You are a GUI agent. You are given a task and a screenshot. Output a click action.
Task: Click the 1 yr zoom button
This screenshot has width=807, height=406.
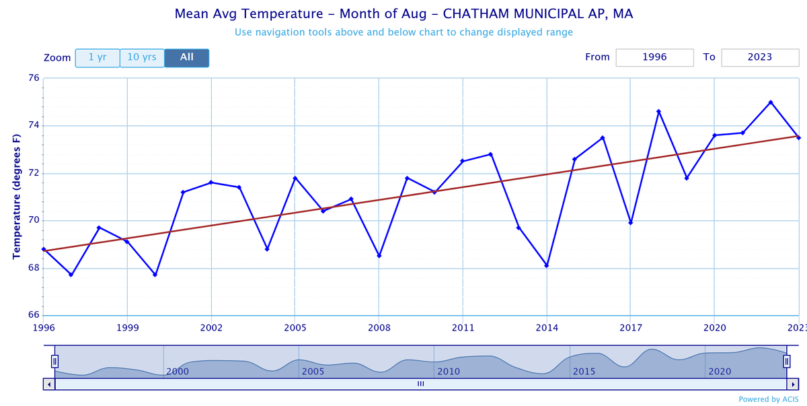pyautogui.click(x=98, y=58)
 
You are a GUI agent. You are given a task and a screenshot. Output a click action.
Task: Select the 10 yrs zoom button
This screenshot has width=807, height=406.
pyautogui.click(x=142, y=58)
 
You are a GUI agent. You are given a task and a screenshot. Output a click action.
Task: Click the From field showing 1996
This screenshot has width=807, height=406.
pyautogui.click(x=654, y=58)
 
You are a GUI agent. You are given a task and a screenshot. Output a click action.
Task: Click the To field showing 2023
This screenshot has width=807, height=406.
pyautogui.click(x=759, y=58)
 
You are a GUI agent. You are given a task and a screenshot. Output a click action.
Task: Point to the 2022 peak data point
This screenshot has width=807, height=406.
pyautogui.click(x=771, y=102)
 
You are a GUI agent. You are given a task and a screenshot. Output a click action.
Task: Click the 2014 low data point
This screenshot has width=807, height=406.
pyautogui.click(x=547, y=265)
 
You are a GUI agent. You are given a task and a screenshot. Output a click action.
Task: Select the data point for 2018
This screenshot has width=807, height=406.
pyautogui.click(x=658, y=111)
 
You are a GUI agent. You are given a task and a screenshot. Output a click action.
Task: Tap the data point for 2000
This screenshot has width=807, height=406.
pyautogui.click(x=155, y=275)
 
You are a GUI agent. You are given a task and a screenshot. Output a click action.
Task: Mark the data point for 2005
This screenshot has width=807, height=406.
pyautogui.click(x=295, y=178)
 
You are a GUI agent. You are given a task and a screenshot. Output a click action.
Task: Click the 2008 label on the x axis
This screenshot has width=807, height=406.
pyautogui.click(x=379, y=328)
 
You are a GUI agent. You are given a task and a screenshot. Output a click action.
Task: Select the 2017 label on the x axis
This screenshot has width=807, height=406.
pyautogui.click(x=630, y=328)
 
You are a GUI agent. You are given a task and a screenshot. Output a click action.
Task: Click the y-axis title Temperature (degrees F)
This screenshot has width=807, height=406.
pyautogui.click(x=17, y=196)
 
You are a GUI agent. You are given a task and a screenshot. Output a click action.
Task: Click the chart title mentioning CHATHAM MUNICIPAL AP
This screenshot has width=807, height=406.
pyautogui.click(x=403, y=13)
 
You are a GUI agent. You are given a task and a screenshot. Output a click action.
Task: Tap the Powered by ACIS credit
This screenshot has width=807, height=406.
pyautogui.click(x=769, y=399)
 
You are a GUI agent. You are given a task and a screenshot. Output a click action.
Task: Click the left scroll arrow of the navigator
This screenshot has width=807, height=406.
pyautogui.click(x=48, y=384)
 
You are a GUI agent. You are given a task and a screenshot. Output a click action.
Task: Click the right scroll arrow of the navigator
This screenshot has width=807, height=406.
pyautogui.click(x=792, y=384)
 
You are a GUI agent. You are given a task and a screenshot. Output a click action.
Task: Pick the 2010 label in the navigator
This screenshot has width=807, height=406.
pyautogui.click(x=449, y=372)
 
